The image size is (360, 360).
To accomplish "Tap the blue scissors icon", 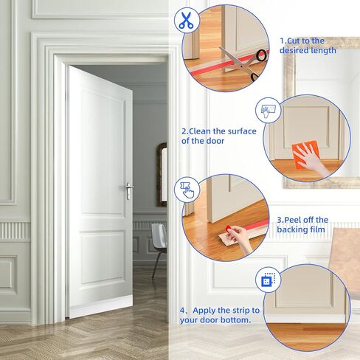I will (x=185, y=20).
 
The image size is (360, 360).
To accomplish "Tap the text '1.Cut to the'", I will (x=301, y=41).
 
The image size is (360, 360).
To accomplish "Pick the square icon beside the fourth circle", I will (x=267, y=281).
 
